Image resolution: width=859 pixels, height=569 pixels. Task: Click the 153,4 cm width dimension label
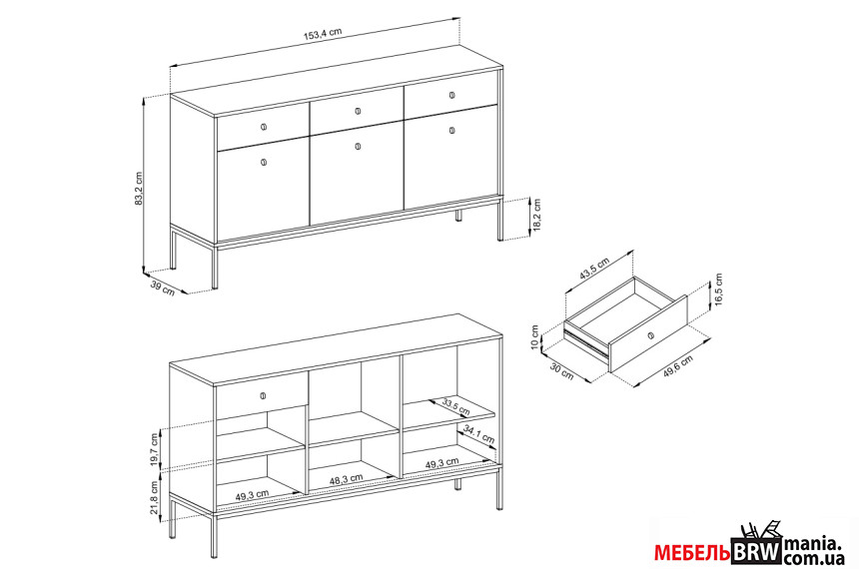coord(323,34)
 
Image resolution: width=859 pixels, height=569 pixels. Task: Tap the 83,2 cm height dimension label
coord(139,189)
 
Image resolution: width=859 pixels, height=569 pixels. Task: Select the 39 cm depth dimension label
coord(163,288)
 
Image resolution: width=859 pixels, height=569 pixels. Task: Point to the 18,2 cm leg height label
coord(537,217)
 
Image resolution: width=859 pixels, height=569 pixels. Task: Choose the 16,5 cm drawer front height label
coord(719,289)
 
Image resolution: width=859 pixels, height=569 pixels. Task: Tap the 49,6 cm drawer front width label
coord(678,365)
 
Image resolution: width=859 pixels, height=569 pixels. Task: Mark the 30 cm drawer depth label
coord(561,371)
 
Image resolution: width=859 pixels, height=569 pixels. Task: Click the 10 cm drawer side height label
coord(535,335)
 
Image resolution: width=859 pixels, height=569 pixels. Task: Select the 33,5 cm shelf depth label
coord(455,407)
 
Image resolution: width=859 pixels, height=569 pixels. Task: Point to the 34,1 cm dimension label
coord(478,434)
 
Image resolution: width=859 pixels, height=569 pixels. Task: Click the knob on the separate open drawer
coord(650,335)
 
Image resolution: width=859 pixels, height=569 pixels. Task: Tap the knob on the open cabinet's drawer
coord(263,395)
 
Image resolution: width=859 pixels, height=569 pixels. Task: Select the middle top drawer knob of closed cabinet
coord(358,111)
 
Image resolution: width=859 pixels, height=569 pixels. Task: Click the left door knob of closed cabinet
coord(264,162)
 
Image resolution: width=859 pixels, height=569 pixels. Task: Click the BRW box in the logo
coord(756,552)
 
